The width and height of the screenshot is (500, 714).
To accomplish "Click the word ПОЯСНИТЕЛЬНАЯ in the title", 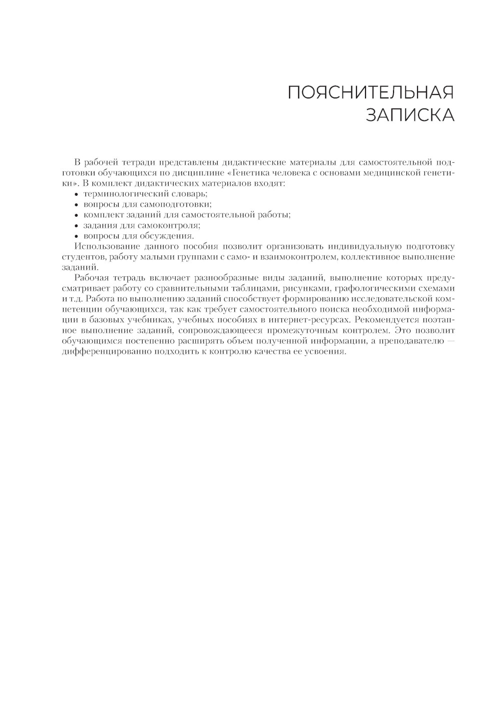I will [370, 93].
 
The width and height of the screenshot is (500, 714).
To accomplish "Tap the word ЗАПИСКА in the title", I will [410, 115].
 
